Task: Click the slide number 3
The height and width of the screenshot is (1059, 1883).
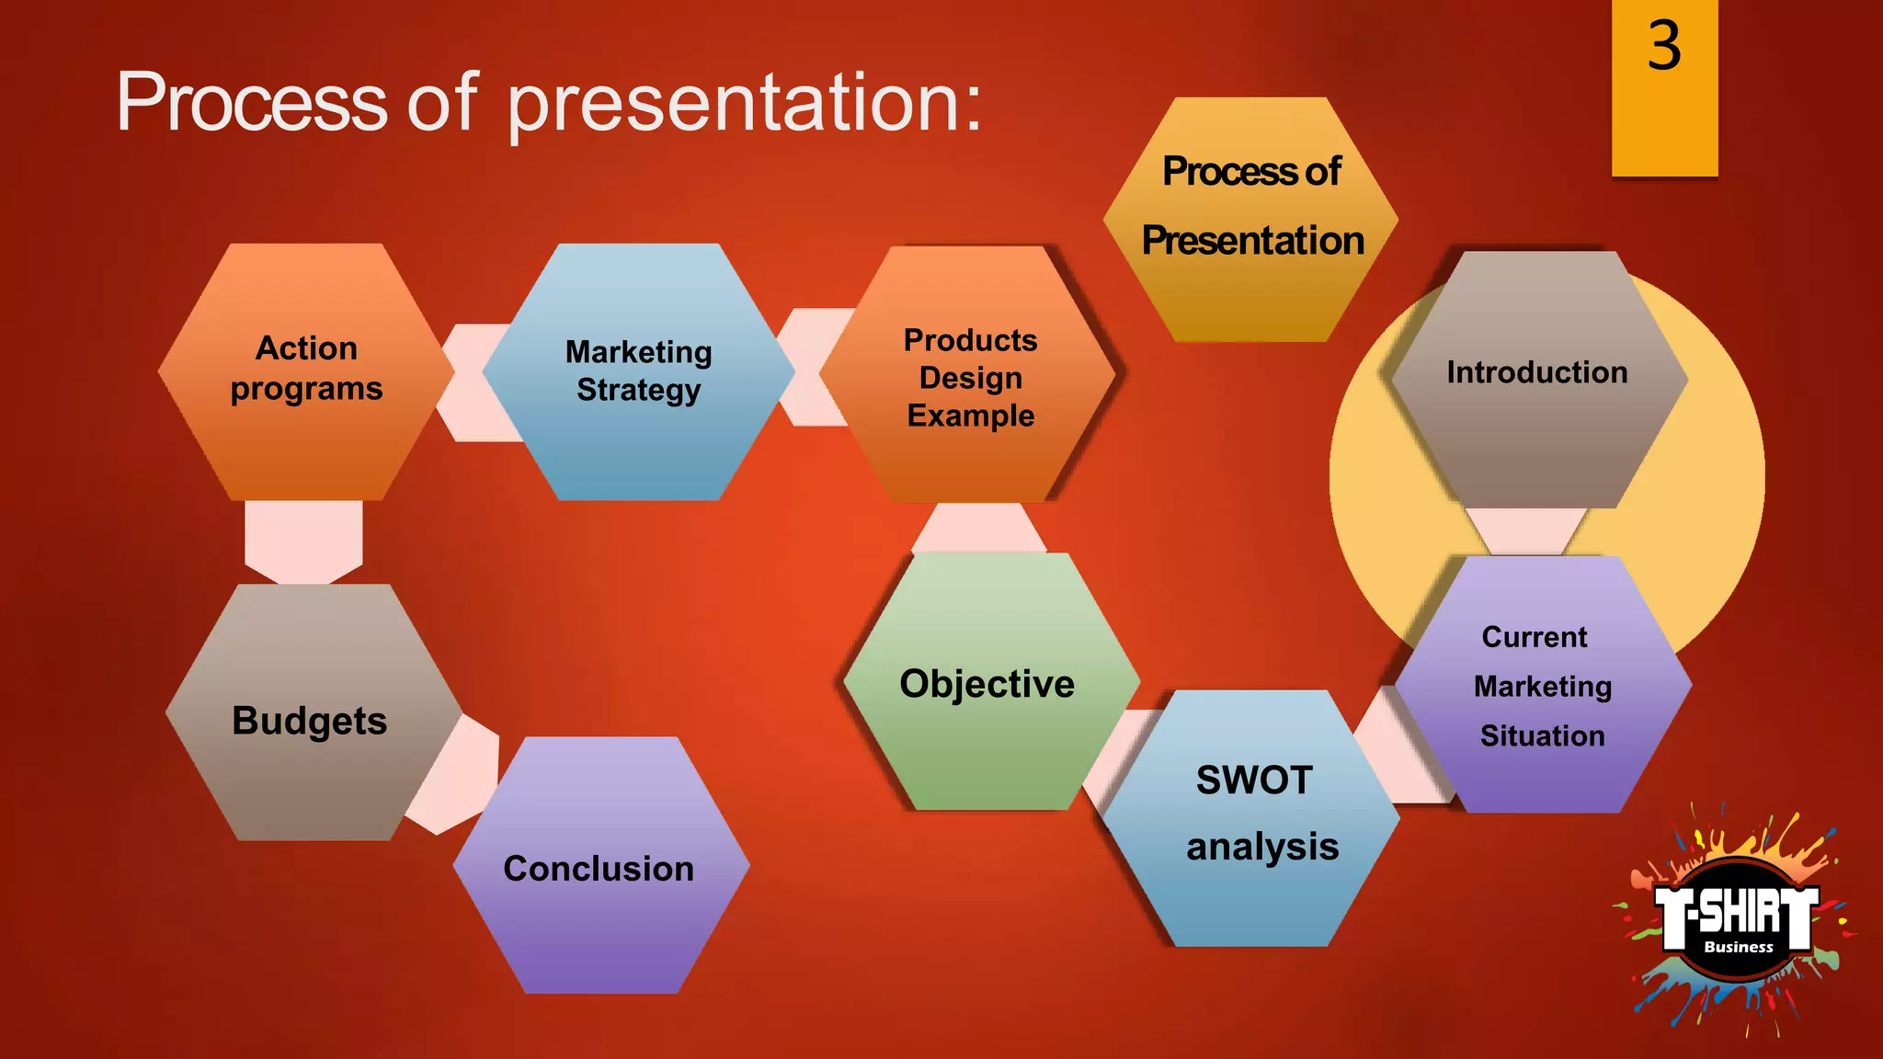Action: click(x=1664, y=46)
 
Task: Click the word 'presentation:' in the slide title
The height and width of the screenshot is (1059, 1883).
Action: click(x=745, y=103)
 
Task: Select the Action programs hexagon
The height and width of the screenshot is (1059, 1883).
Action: click(x=306, y=371)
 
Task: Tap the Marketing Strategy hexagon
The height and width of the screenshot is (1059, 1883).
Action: click(x=638, y=371)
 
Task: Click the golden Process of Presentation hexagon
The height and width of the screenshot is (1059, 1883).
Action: click(x=1250, y=221)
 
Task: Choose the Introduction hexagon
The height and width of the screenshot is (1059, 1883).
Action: click(x=1537, y=377)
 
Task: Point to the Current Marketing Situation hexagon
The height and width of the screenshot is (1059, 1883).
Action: click(x=1543, y=686)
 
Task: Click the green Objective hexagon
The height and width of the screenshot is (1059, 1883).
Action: click(x=989, y=684)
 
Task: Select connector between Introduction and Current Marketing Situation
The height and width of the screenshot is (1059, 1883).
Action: click(x=1526, y=530)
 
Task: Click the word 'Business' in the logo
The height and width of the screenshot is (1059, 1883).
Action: click(x=1738, y=947)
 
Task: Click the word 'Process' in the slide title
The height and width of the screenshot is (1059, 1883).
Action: click(x=252, y=103)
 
